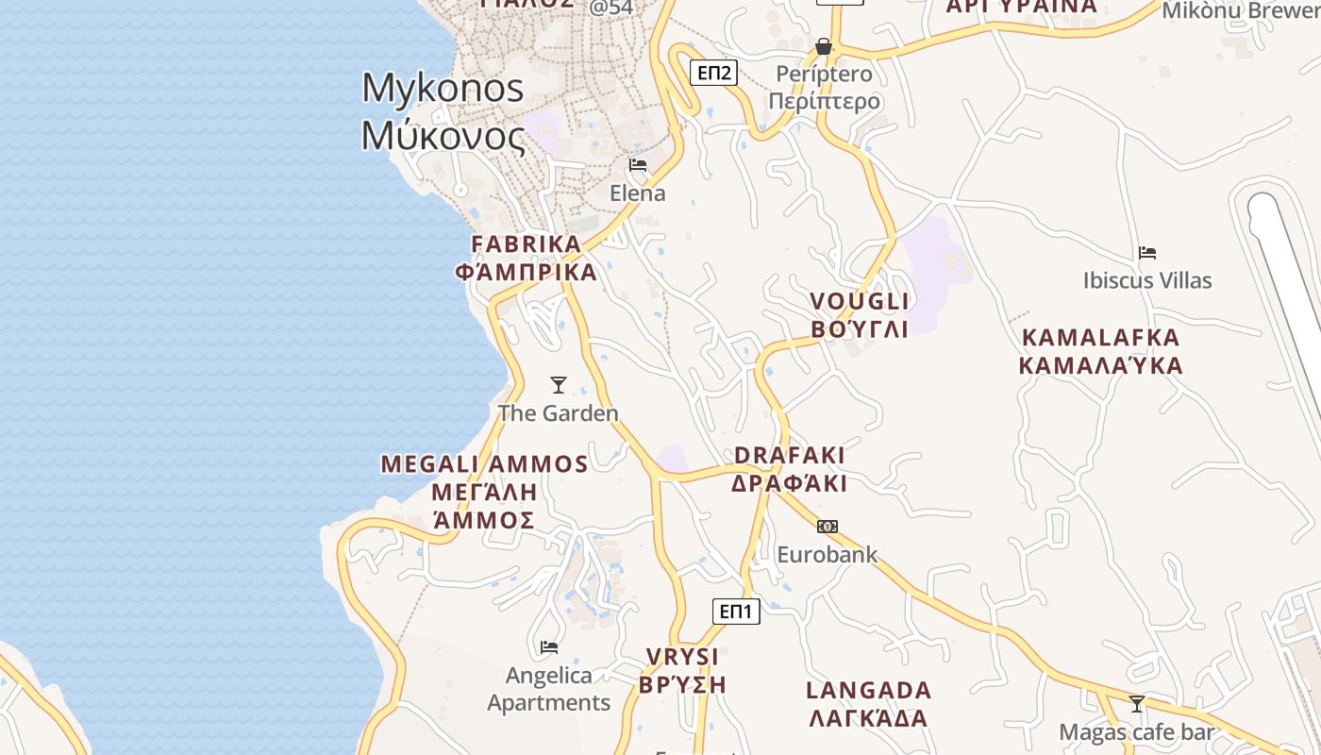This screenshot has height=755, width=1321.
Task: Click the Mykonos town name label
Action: tap(443, 112)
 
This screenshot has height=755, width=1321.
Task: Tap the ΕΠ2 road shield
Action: tap(713, 73)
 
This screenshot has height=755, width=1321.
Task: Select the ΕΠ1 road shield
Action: tap(735, 612)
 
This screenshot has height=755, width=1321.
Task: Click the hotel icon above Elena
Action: tap(638, 165)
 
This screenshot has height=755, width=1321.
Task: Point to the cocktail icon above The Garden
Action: tap(559, 385)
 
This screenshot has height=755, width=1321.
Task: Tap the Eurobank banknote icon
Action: tap(828, 527)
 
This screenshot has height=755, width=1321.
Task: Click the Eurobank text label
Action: tap(828, 555)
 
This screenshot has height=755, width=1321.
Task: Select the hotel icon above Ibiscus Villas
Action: tap(1147, 253)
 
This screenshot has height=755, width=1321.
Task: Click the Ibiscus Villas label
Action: tap(1147, 280)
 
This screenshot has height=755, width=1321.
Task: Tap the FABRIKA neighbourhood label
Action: tap(526, 258)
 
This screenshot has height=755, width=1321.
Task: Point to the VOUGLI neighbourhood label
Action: tap(860, 315)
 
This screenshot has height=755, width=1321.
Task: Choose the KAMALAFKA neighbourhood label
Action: tap(1100, 351)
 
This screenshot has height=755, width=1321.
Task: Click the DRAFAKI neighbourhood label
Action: tap(789, 469)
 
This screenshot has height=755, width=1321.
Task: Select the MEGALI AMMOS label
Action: tap(484, 492)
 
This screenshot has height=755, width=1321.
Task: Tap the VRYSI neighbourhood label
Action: tap(682, 671)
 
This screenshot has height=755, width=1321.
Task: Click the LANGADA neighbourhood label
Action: tap(869, 704)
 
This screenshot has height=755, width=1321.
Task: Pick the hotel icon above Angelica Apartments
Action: tap(549, 647)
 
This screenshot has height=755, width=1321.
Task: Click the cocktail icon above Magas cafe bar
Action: tap(1137, 704)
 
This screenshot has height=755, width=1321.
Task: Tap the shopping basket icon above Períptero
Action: tap(824, 46)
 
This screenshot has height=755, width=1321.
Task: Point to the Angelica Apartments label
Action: tap(549, 689)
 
